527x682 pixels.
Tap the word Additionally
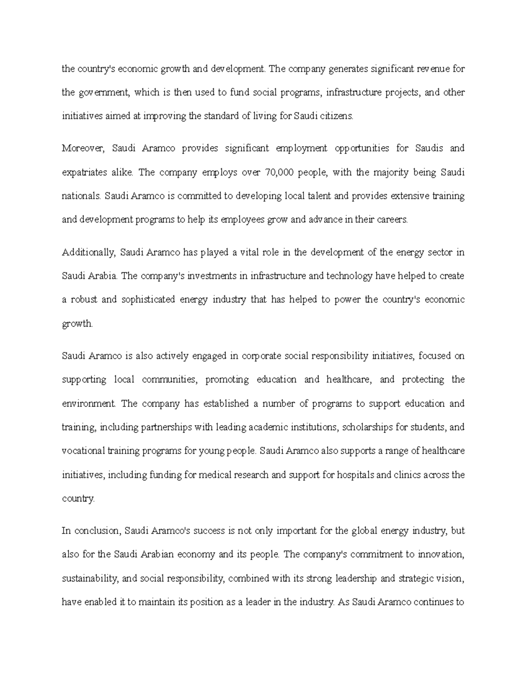tap(88, 253)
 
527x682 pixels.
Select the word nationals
tap(82, 196)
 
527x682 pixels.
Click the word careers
tap(391, 220)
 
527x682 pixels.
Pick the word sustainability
tap(90, 578)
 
